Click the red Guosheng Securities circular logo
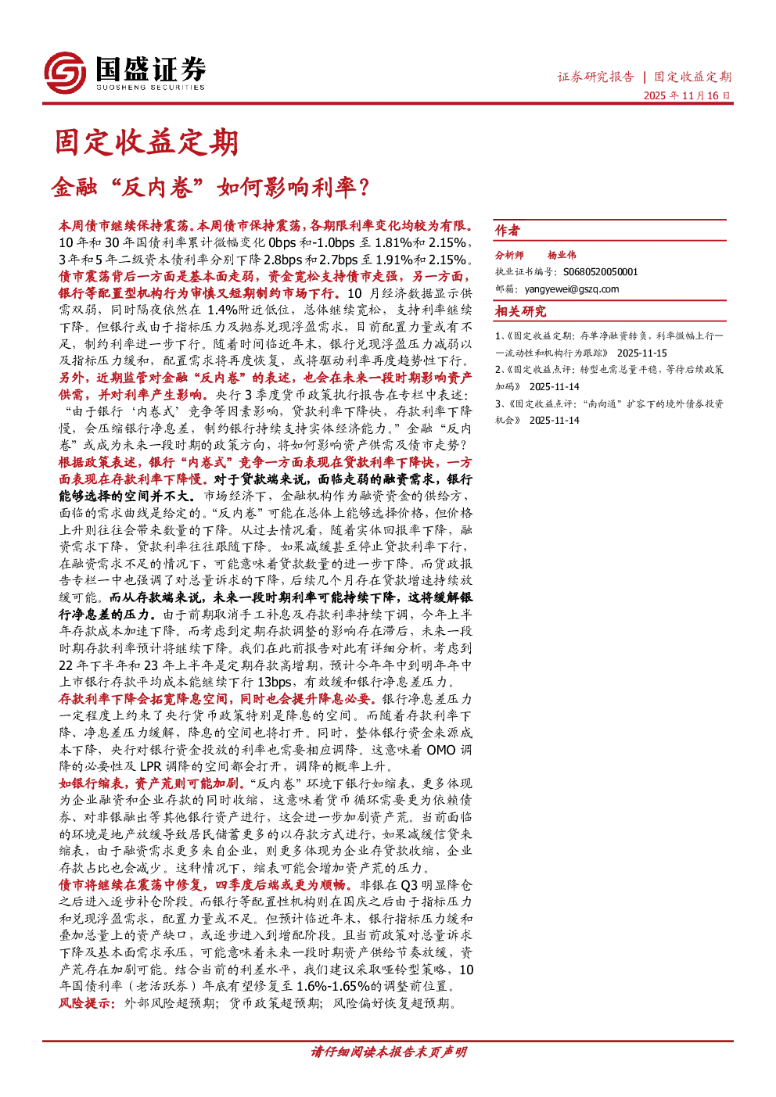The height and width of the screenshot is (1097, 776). (x=65, y=73)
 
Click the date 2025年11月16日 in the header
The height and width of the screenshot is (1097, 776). (x=687, y=95)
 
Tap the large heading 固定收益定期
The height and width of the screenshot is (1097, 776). (x=146, y=142)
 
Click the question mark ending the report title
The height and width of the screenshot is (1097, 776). (x=364, y=187)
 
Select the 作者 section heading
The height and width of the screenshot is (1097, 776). (x=508, y=230)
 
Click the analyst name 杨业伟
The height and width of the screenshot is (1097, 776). (x=562, y=255)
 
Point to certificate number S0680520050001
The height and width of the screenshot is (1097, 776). (x=601, y=272)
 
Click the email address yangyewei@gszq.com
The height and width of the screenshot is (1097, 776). (x=572, y=289)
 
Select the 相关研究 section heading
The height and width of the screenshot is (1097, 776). (x=520, y=311)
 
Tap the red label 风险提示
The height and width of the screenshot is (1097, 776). (x=87, y=1003)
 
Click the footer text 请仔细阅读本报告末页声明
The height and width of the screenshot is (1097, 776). (x=388, y=1052)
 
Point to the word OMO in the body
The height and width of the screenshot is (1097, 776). (x=441, y=750)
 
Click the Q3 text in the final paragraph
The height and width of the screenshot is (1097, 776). (x=408, y=885)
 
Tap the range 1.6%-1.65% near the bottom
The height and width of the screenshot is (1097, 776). (x=333, y=986)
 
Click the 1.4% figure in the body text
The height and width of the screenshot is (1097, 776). (x=223, y=310)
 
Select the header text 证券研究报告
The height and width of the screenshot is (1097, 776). (x=595, y=77)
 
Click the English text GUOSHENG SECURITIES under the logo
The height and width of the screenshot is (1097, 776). (x=150, y=87)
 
